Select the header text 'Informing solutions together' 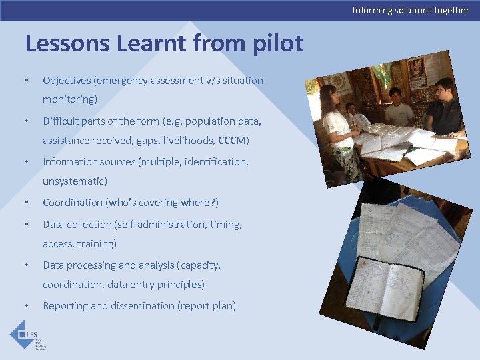tap(411, 10)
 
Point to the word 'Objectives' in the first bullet tap(67, 81)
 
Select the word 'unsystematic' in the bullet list tap(73, 181)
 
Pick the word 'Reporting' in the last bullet tap(65, 306)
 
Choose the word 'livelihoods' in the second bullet tap(191, 141)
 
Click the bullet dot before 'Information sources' tap(26, 162)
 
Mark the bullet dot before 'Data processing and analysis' tap(26, 265)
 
